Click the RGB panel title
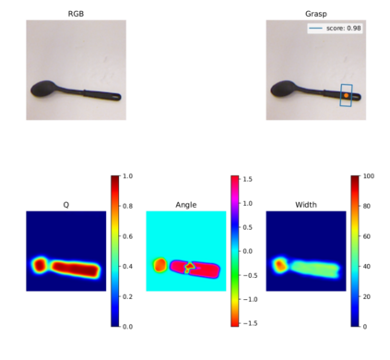pyautogui.click(x=76, y=14)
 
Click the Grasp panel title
pyautogui.click(x=316, y=14)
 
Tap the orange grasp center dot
pyautogui.click(x=347, y=95)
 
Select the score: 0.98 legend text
pyautogui.click(x=343, y=28)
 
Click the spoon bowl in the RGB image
pyautogui.click(x=43, y=89)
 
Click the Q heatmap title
pyautogui.click(x=66, y=205)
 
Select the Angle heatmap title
pyautogui.click(x=186, y=205)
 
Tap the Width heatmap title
pyautogui.click(x=306, y=205)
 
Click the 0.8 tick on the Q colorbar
pyautogui.click(x=127, y=206)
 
